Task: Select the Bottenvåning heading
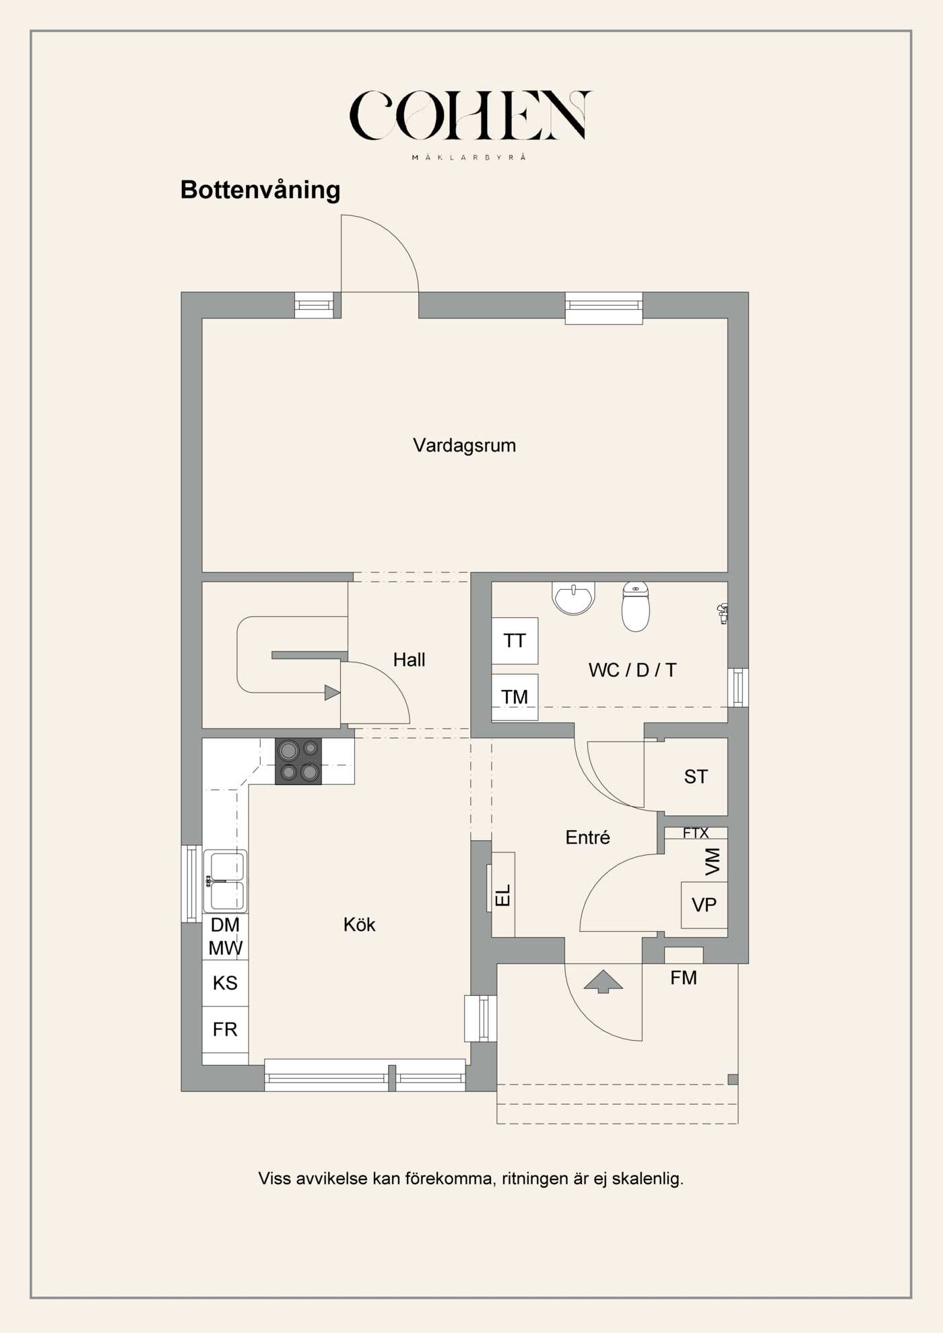point(260,191)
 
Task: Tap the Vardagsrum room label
point(465,445)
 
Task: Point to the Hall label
point(409,660)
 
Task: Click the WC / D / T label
point(632,670)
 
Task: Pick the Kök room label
point(359,924)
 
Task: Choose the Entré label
point(587,838)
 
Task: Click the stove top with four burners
point(298,761)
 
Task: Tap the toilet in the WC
point(636,606)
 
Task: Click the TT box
point(515,641)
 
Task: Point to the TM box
point(515,697)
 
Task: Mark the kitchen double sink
point(225,881)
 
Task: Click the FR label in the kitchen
point(225,1029)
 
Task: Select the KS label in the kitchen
point(225,983)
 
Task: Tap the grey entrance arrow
point(603,982)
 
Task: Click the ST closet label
point(696,777)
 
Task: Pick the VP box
point(705,905)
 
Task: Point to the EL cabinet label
point(503,895)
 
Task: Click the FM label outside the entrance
point(684,978)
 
